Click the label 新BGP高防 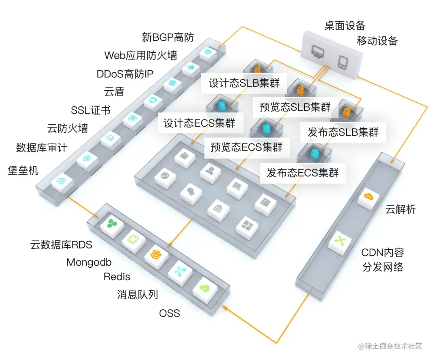click(168, 38)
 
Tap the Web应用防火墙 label click(140, 55)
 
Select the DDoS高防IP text click(125, 74)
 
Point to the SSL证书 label click(91, 110)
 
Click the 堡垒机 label click(23, 170)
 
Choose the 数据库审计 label click(42, 147)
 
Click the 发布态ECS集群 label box click(303, 173)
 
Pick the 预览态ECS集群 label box click(247, 147)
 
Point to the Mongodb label click(89, 262)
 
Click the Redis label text click(117, 276)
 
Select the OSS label click(170, 313)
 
